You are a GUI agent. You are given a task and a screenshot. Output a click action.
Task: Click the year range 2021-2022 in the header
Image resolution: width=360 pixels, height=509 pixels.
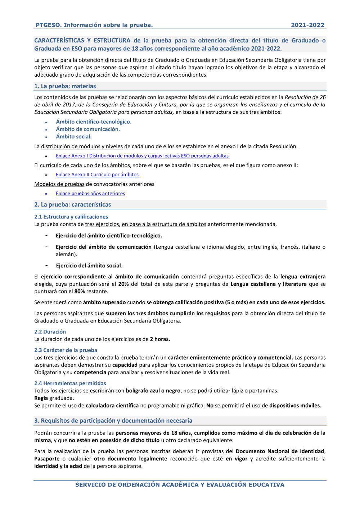tap(307, 25)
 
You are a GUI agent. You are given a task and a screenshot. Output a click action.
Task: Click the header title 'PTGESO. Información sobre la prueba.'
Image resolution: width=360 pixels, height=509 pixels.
tap(94, 25)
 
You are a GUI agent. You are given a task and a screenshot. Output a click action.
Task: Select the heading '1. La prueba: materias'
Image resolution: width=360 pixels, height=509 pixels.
tap(65, 86)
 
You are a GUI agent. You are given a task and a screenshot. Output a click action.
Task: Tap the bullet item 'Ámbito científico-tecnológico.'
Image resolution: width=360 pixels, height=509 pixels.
tap(94, 122)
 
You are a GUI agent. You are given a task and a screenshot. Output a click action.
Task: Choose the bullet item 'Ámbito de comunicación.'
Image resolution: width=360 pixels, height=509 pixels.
tap(88, 129)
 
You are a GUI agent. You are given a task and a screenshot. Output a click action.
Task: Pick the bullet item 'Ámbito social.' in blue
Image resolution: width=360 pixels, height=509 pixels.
tap(74, 136)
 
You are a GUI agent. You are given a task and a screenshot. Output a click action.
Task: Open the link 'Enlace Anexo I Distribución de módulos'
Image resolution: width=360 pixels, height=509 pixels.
tap(143, 156)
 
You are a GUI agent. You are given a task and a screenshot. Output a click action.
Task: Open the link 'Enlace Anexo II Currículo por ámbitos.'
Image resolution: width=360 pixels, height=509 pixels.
tap(98, 175)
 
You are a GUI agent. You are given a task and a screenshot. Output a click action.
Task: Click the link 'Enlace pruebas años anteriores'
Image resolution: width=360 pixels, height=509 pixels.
tap(90, 193)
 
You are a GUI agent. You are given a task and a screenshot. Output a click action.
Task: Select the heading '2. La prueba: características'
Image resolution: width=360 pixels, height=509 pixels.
tap(72, 204)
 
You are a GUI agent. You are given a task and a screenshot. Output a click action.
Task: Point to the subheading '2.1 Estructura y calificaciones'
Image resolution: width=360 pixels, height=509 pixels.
tap(71, 217)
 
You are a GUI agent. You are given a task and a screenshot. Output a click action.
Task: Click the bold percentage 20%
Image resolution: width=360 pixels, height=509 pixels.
tap(123, 284)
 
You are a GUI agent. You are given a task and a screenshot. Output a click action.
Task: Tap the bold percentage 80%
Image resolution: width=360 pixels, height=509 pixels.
tap(80, 291)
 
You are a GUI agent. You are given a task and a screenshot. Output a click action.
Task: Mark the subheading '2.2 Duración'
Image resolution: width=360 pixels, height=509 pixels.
tap(50, 332)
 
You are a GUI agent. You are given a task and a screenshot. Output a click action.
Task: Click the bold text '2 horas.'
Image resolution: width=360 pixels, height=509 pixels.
tap(160, 339)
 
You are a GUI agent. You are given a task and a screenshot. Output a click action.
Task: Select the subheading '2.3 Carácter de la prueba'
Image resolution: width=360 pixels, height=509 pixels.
tap(66, 350)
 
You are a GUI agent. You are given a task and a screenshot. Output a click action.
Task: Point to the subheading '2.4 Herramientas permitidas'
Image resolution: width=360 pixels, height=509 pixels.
tap(70, 383)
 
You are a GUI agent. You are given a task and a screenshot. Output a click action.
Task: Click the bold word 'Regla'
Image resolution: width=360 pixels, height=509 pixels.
tap(41, 398)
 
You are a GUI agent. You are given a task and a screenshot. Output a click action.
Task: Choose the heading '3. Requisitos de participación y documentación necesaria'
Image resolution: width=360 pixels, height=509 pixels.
tap(113, 420)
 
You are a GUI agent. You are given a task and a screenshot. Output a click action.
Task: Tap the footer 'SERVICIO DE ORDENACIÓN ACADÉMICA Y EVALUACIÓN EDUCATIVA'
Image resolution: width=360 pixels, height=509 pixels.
tap(180, 485)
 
